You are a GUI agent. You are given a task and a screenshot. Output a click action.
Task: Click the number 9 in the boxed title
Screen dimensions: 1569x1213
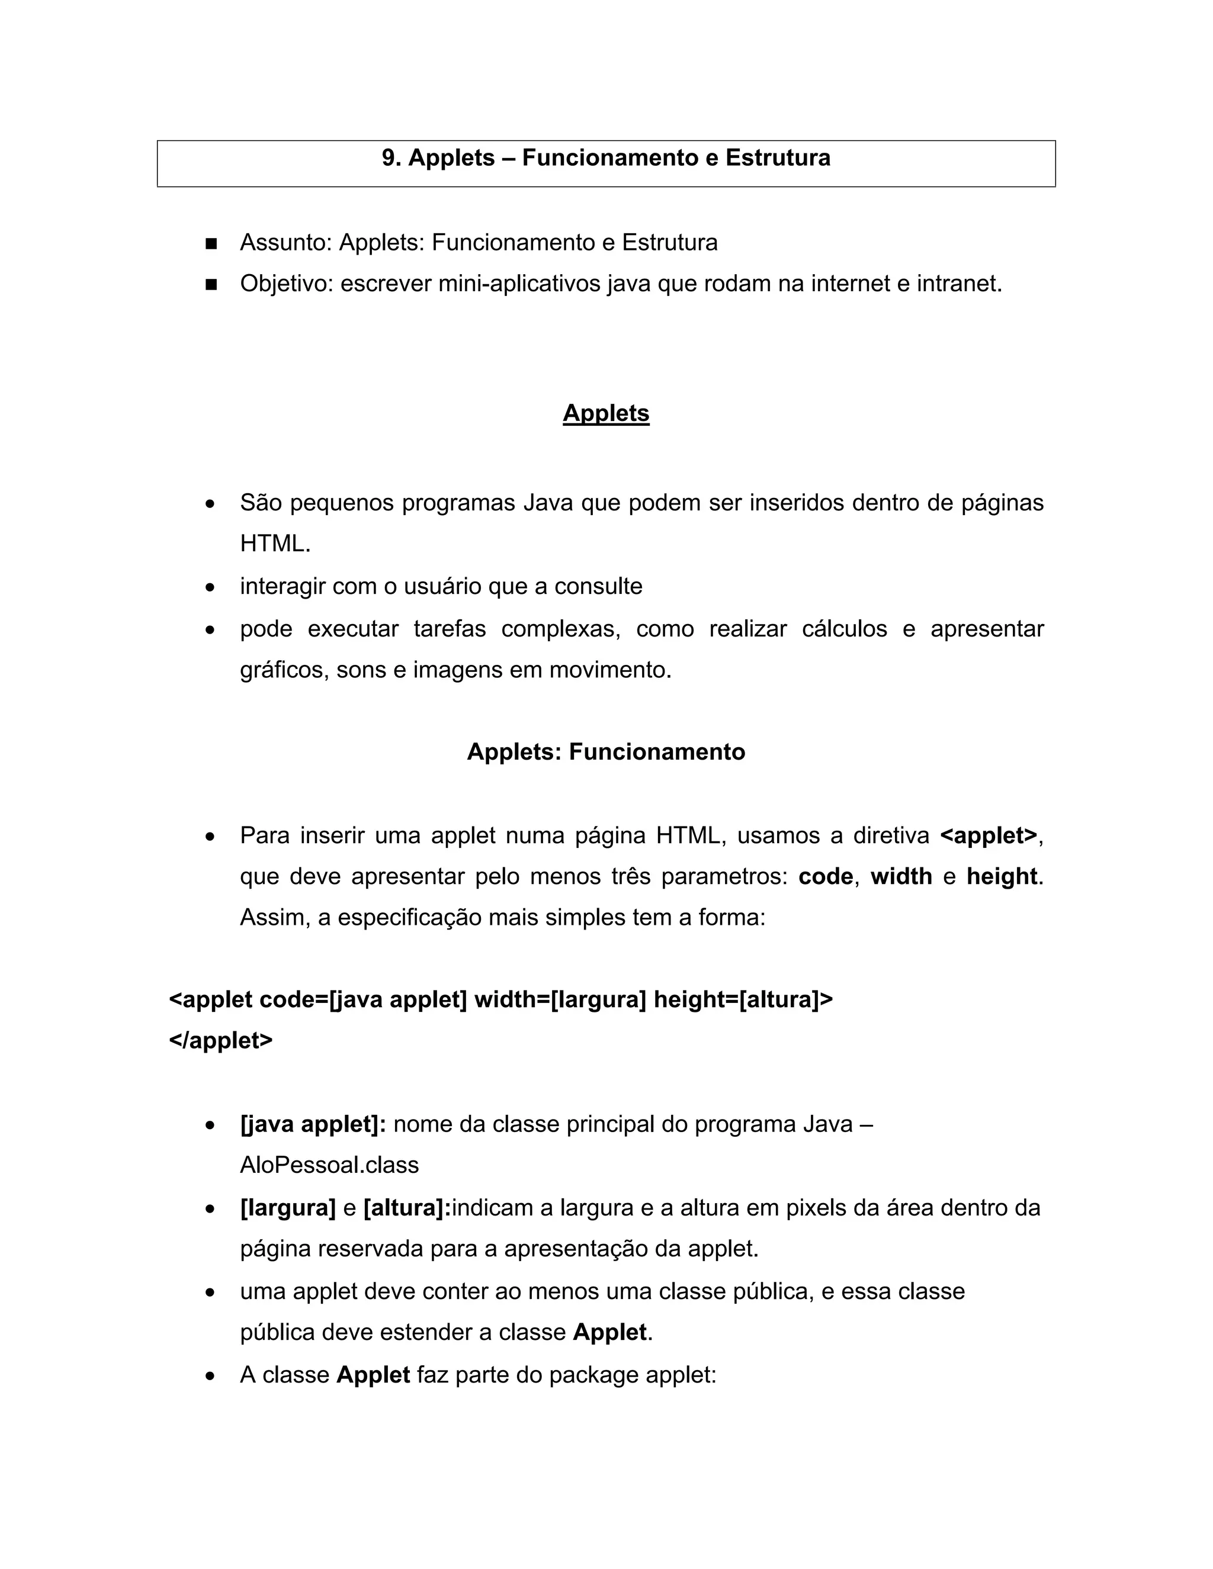tap(389, 158)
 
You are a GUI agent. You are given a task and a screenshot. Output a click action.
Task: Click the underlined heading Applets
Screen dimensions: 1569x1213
tap(606, 413)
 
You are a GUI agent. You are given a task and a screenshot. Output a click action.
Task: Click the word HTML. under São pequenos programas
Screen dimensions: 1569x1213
tap(275, 544)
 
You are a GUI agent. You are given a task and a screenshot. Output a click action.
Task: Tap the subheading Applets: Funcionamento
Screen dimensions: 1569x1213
tap(606, 752)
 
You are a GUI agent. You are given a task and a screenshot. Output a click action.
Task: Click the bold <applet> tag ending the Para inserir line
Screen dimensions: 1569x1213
tap(989, 835)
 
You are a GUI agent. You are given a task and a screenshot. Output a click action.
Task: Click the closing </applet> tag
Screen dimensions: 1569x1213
tap(220, 1040)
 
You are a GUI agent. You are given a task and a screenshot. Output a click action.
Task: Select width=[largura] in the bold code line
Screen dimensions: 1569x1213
tap(560, 999)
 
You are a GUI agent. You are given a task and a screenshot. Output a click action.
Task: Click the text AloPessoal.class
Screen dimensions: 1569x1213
tap(329, 1165)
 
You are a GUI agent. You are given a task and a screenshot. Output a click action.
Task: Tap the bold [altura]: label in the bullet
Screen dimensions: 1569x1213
tap(407, 1208)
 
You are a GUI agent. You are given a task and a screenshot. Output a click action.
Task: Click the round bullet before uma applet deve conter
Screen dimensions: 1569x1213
tap(210, 1293)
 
